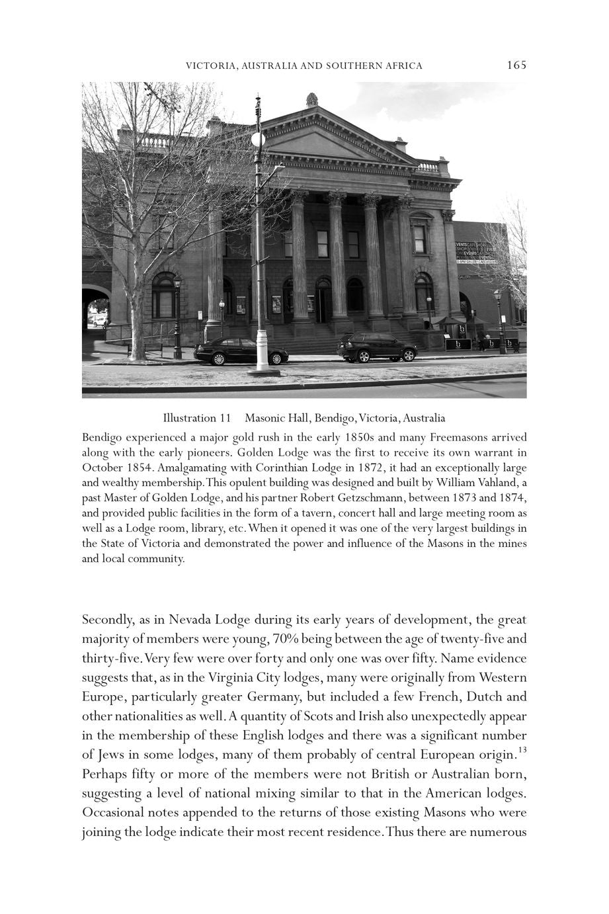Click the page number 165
[x=516, y=65]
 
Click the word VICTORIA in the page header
[x=210, y=65]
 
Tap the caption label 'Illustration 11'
[x=196, y=418]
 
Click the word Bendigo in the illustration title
[x=335, y=418]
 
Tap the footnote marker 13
[x=522, y=750]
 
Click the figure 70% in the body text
[x=280, y=640]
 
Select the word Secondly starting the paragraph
[x=106, y=620]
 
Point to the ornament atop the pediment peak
[x=311, y=99]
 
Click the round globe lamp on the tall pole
[x=258, y=140]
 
